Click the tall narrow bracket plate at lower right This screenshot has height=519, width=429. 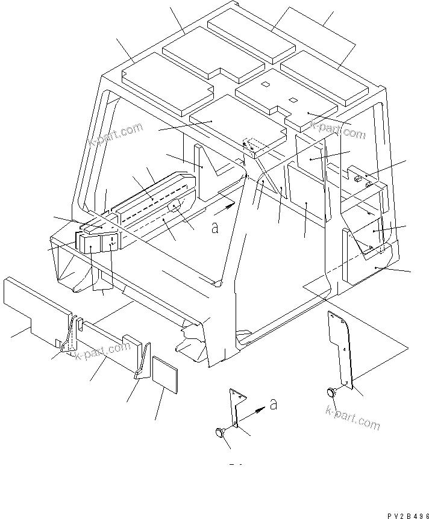[x=341, y=347]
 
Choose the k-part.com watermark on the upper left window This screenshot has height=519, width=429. [x=116, y=135]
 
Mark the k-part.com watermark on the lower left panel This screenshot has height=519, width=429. [x=103, y=352]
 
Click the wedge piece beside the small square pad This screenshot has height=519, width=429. [x=142, y=361]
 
